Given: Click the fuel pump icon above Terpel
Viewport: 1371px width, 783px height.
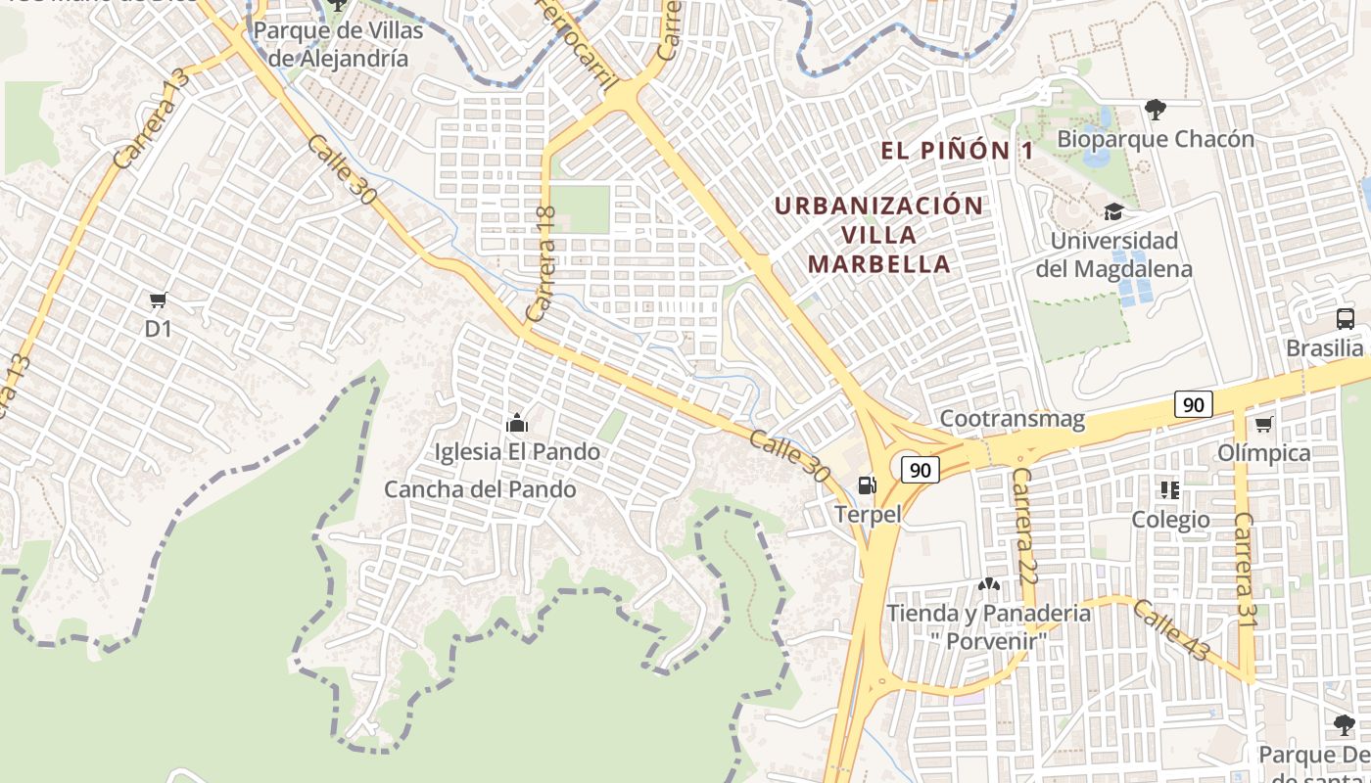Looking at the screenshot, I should pyautogui.click(x=867, y=484).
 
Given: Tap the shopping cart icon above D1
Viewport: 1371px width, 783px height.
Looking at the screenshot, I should pyautogui.click(x=158, y=299).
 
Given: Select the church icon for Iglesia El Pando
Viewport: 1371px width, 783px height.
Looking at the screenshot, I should pyautogui.click(x=516, y=424).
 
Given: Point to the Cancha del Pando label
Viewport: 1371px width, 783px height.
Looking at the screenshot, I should pyautogui.click(x=480, y=489).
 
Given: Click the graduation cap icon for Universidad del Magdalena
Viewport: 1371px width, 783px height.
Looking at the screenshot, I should pyautogui.click(x=1113, y=211).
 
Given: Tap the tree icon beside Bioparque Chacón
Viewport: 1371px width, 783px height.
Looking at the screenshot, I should pyautogui.click(x=1156, y=109).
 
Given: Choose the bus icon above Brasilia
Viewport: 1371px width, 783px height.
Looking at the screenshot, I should pyautogui.click(x=1346, y=318).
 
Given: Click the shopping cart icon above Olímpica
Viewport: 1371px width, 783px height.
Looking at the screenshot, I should pyautogui.click(x=1263, y=424).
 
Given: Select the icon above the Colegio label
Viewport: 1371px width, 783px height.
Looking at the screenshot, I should pyautogui.click(x=1169, y=489).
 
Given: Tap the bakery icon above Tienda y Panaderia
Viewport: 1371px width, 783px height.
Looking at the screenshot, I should pyautogui.click(x=988, y=584).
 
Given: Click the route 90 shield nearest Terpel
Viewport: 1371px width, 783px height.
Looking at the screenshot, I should pyautogui.click(x=920, y=470).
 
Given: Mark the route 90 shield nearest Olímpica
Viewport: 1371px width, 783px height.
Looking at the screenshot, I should pyautogui.click(x=1193, y=404).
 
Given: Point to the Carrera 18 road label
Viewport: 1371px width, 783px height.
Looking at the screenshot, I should pyautogui.click(x=541, y=264).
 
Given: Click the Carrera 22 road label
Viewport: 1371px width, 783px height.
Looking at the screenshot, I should pyautogui.click(x=1024, y=527).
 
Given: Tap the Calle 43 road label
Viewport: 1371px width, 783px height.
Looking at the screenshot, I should pyautogui.click(x=1172, y=630).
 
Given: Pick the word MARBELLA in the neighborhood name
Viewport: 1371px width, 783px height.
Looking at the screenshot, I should pyautogui.click(x=879, y=264).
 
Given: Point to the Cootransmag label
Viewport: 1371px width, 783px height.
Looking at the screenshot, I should pyautogui.click(x=1013, y=420).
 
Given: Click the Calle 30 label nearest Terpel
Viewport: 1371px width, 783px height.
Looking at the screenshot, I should pyautogui.click(x=789, y=455).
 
